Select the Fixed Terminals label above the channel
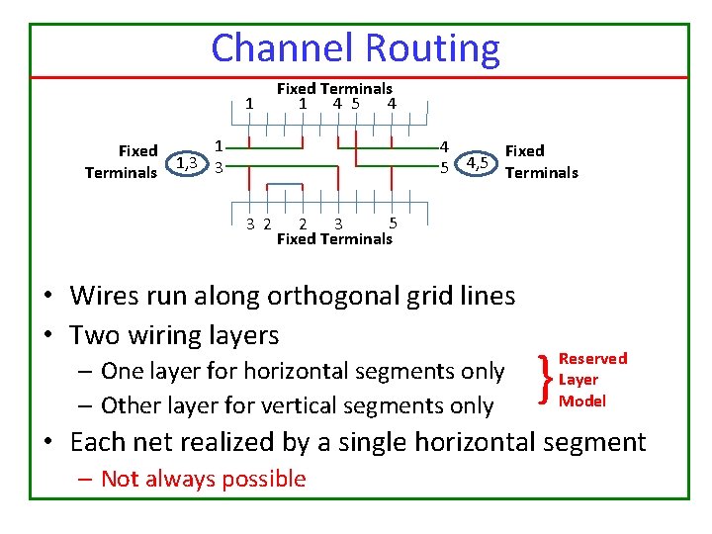click(x=334, y=88)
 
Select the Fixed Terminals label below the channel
click(x=334, y=238)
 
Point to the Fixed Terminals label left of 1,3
click(x=121, y=162)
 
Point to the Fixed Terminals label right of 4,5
click(x=541, y=162)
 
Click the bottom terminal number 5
click(x=393, y=222)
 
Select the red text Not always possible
click(x=203, y=479)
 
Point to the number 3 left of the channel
click(x=220, y=167)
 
